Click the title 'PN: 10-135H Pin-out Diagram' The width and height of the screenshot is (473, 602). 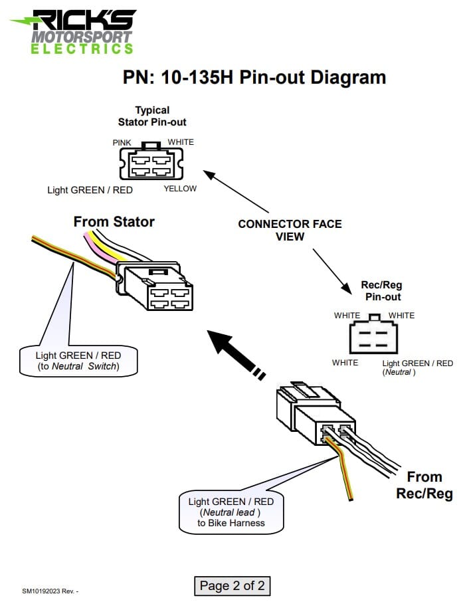coord(254,77)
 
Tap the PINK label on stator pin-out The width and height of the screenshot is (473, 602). coord(122,142)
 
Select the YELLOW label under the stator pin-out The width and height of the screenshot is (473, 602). coord(180,189)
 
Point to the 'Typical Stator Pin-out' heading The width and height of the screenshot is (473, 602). coord(152,116)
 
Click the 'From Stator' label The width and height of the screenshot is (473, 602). coord(114,221)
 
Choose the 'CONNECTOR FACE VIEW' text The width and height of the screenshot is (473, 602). coord(290,230)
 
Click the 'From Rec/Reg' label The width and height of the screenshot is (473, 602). coord(424,485)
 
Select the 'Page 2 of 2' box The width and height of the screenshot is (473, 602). coord(233,585)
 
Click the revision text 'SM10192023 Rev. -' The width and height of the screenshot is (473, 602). coord(50,591)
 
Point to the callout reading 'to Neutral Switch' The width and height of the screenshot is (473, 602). coord(78,361)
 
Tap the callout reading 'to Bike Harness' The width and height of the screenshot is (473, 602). coord(231,512)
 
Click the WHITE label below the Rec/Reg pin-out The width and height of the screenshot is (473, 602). coord(345,363)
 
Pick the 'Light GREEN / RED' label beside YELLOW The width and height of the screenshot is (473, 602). coord(90,190)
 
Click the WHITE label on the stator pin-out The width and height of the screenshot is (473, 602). coord(181,142)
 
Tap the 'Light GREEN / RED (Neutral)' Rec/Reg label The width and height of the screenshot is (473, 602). coord(417,367)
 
